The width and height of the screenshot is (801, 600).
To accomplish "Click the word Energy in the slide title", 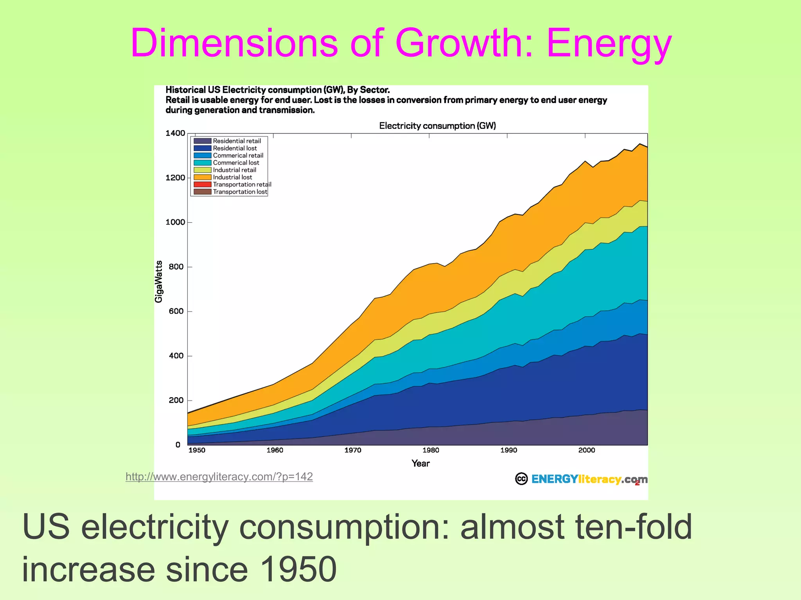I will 609,44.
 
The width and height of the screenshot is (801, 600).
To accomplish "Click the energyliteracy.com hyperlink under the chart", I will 219,477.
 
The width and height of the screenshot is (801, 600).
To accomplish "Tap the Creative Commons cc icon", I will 521,479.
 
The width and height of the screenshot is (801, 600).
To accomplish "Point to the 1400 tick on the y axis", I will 175,133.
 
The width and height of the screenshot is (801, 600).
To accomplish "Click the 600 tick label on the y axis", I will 176,311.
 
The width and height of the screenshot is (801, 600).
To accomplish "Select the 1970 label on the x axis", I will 352,450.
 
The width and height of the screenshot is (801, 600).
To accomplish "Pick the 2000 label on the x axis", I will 586,450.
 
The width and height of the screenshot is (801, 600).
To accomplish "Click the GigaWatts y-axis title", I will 158,281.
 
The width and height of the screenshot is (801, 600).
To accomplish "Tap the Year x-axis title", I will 420,464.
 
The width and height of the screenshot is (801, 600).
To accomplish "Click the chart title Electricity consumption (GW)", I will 437,126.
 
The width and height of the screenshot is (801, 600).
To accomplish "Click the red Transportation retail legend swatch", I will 202,184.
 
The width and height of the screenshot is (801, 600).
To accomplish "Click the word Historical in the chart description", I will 185,90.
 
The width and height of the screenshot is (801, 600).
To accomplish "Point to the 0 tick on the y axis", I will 178,445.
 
